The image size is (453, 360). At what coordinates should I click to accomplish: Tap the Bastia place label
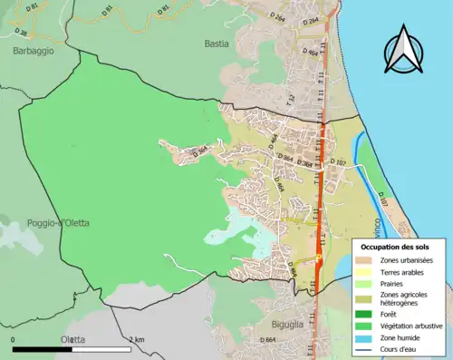(217, 44)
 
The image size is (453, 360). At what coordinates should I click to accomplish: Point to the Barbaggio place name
(34, 52)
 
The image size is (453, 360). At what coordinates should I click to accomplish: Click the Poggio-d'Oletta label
(37, 223)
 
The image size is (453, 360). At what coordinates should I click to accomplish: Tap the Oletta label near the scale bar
(72, 339)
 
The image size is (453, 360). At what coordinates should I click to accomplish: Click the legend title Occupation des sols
(395, 247)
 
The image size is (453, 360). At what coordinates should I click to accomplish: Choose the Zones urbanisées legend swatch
(367, 261)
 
